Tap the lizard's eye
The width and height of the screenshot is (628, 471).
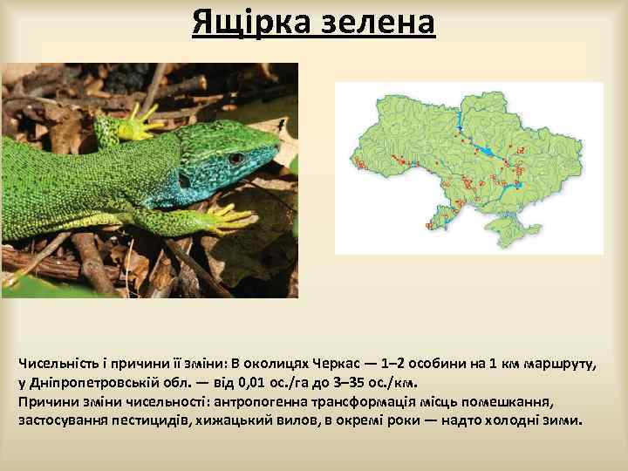[x=235, y=158]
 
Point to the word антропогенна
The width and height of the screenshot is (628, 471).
[x=276, y=401]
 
